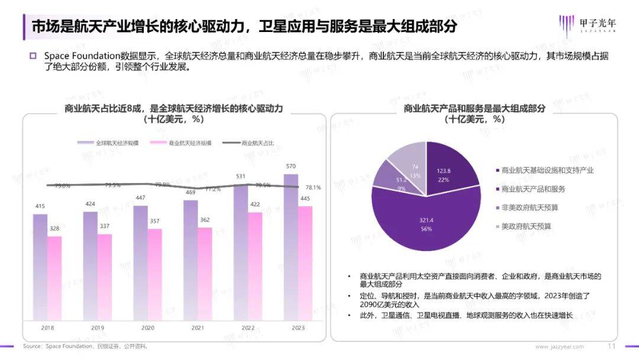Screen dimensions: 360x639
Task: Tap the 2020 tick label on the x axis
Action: tap(148, 327)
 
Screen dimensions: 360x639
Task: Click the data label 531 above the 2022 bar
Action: tap(241, 176)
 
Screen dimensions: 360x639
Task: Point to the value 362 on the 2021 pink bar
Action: tap(205, 220)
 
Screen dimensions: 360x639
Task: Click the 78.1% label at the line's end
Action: tap(312, 188)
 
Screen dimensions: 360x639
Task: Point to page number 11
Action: tap(612, 346)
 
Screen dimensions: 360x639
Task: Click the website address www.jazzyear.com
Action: tap(559, 346)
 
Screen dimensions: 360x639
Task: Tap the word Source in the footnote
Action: tap(33, 346)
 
